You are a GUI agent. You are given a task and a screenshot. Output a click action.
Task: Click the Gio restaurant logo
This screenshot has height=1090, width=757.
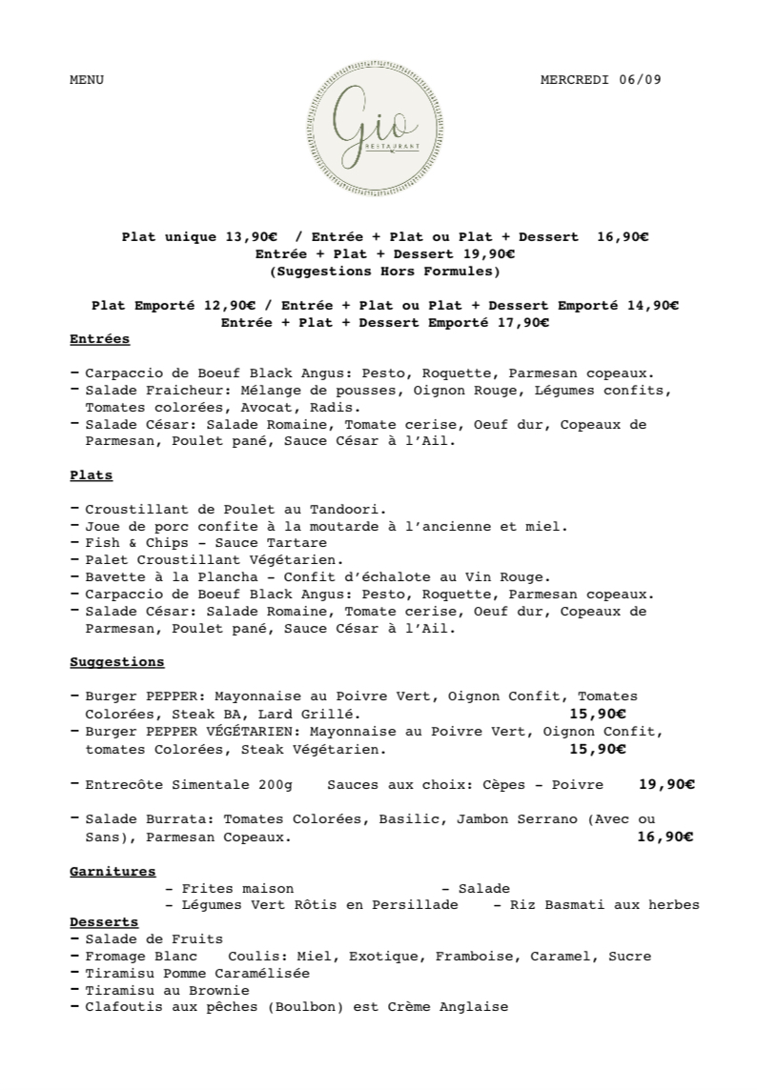click(x=378, y=127)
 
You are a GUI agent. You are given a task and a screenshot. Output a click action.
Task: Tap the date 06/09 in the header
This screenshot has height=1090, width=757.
click(x=640, y=80)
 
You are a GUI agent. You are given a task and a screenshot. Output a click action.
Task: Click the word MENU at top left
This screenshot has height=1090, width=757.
click(x=87, y=80)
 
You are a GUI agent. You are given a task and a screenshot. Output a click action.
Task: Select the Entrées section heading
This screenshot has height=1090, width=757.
click(x=100, y=339)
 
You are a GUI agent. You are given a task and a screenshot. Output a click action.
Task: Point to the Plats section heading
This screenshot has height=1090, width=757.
click(x=92, y=474)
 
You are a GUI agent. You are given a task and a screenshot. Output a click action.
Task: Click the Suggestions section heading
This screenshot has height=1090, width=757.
click(x=117, y=662)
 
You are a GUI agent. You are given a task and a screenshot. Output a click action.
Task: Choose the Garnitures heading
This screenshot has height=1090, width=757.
click(x=113, y=871)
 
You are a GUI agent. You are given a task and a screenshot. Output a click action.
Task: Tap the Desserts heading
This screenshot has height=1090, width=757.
click(x=104, y=922)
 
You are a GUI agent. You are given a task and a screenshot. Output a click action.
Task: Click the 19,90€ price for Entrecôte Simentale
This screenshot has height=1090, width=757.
click(x=665, y=785)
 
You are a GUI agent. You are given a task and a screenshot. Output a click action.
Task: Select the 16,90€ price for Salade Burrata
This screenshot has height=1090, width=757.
click(x=664, y=838)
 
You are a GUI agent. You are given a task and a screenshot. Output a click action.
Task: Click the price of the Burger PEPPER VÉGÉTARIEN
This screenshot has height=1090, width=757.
click(x=597, y=750)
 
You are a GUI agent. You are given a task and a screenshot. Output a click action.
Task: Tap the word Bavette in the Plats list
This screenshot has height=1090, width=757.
click(x=113, y=576)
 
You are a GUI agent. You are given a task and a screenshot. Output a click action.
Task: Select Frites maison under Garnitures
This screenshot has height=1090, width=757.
click(x=236, y=888)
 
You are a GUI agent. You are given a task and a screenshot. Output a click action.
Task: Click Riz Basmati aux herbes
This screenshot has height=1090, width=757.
click(x=604, y=905)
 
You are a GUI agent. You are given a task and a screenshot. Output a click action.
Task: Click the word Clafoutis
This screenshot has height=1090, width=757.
click(x=120, y=1007)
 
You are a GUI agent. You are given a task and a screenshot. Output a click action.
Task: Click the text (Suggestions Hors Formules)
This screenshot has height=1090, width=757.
click(x=385, y=272)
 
